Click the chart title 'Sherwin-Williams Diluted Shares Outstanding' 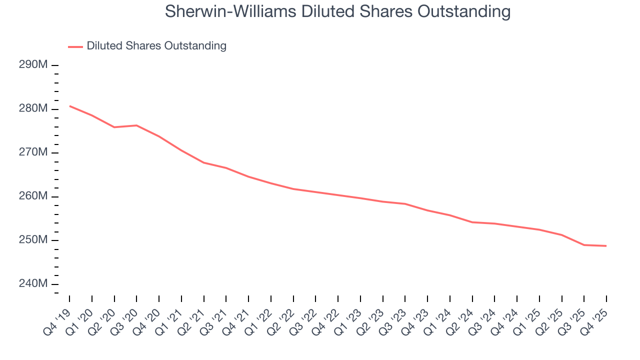(x=337, y=11)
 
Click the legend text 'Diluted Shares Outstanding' (x=156, y=46)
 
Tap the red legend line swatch (x=75, y=46)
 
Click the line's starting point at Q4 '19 (x=69, y=106)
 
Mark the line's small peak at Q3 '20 (x=136, y=125)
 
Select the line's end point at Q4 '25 (x=606, y=245)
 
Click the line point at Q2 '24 (x=472, y=222)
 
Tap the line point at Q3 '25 (x=584, y=245)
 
